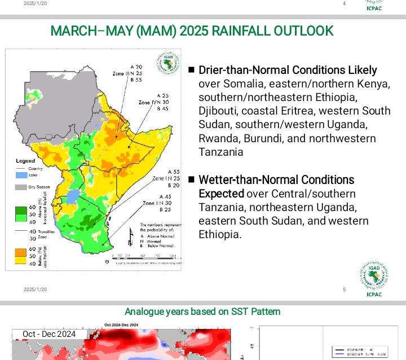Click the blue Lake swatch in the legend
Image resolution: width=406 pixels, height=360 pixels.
click(x=20, y=175)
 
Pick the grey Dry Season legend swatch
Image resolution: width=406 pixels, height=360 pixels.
click(x=20, y=187)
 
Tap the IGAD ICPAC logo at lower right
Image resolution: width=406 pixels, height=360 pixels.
click(x=373, y=278)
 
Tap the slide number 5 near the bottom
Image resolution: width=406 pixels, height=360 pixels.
click(x=344, y=289)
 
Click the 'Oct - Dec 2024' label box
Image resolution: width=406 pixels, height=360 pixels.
click(x=49, y=334)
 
